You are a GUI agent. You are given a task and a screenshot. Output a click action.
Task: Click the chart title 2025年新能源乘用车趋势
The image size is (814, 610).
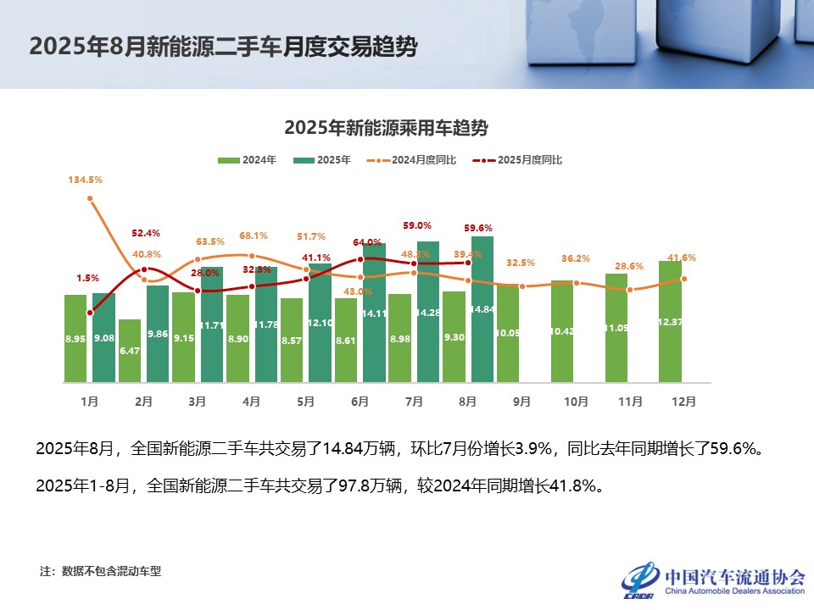386,128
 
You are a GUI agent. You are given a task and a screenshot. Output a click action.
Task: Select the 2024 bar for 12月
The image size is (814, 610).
671,321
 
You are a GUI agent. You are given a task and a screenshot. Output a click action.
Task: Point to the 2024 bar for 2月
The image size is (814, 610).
130,350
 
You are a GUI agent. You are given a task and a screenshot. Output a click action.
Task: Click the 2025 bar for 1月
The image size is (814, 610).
103,337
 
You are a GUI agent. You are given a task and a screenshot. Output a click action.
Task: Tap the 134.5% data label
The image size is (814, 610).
86,180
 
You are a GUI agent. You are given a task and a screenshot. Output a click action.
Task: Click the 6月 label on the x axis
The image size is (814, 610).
360,402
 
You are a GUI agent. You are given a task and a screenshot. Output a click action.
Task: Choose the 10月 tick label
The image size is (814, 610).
576,402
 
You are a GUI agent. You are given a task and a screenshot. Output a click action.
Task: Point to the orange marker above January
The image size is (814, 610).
90,199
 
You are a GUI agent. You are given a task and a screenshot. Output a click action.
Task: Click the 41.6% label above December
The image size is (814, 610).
683,258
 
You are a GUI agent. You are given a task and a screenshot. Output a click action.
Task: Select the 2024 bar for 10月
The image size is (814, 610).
562,330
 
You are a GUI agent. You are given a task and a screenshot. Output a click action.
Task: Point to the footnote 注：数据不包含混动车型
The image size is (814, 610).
100,571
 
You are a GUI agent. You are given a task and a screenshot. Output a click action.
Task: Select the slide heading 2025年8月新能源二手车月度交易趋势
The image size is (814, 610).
223,47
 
